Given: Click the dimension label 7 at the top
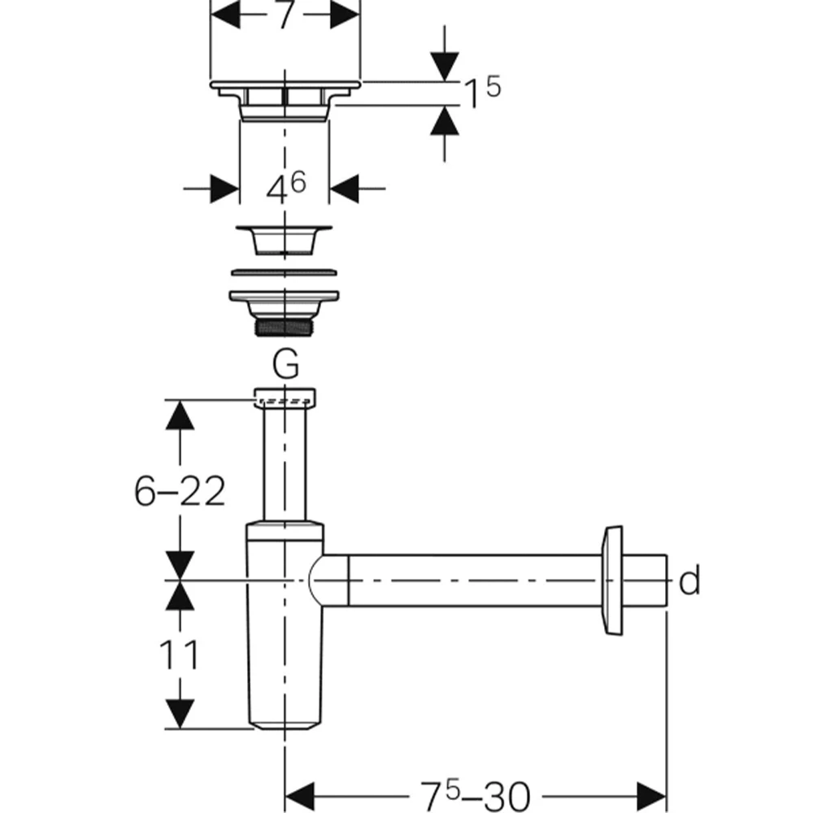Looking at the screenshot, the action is coord(285,15).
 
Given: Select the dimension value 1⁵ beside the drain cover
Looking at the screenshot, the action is coord(481,91).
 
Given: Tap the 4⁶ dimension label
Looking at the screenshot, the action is coord(285,187).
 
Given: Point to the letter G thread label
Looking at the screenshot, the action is coord(285,364).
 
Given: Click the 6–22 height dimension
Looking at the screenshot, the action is coord(180,490).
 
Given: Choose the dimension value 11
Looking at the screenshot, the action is coord(179,654).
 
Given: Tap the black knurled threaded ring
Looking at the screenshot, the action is coord(285,327).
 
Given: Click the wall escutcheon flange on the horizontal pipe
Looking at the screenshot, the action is coord(612,580).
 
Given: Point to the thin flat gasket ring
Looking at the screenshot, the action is coord(284,272).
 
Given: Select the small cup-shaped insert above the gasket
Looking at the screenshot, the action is coord(284,240).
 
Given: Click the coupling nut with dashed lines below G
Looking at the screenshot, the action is coord(285,398).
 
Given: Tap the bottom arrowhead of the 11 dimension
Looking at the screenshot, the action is coord(180,714).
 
